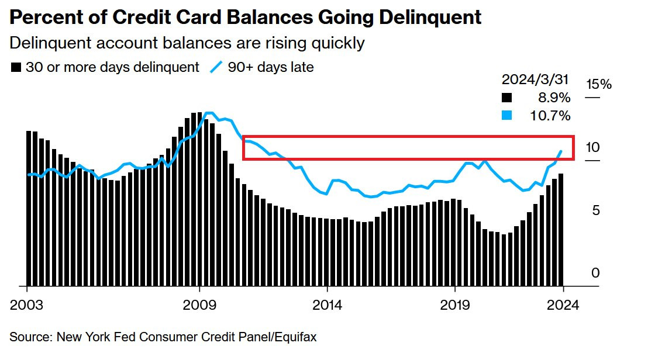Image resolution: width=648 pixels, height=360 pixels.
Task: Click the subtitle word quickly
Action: point(337,43)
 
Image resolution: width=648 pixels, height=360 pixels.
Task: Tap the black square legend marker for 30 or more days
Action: point(16,68)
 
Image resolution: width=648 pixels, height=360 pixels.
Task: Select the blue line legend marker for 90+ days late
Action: point(216,67)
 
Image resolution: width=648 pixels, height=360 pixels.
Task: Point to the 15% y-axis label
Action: point(598,84)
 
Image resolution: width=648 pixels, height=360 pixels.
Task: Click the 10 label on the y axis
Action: point(593,147)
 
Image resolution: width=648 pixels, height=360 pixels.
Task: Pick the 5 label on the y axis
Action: point(596,210)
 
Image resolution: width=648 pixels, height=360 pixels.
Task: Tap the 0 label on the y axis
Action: point(595,273)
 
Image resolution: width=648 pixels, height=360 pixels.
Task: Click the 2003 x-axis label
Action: point(27,305)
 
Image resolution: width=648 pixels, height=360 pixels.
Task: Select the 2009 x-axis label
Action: point(200,305)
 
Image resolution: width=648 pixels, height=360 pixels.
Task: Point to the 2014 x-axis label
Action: point(328,305)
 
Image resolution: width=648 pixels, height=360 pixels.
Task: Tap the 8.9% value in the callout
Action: point(552,98)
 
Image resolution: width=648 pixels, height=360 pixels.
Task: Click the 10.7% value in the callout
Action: point(549,116)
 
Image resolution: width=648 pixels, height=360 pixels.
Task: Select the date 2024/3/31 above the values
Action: point(536,80)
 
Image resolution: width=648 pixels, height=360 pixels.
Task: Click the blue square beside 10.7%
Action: point(507,116)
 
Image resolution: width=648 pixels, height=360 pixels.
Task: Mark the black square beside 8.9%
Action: point(507,98)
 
